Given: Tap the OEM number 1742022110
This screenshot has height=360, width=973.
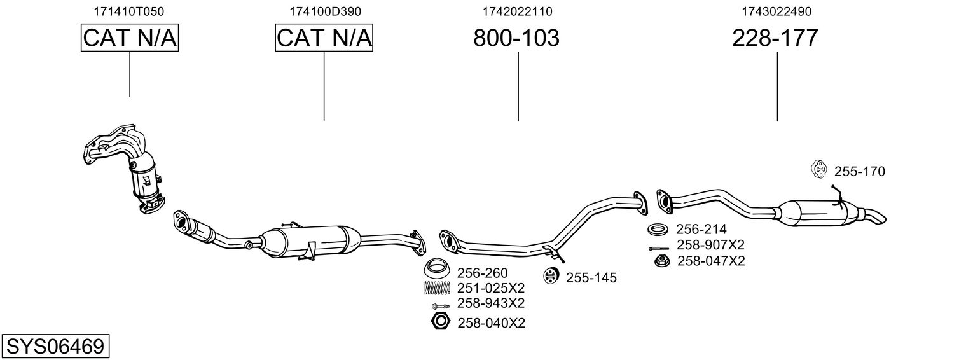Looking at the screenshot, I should (x=518, y=11).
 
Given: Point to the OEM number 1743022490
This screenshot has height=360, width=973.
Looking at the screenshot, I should (x=776, y=11).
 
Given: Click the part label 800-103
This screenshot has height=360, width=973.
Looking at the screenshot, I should (x=516, y=39).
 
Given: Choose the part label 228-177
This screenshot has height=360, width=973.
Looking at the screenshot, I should (x=775, y=39).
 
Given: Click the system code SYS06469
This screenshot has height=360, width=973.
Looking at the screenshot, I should (x=55, y=347).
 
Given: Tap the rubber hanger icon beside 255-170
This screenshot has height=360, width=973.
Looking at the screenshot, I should (x=818, y=170).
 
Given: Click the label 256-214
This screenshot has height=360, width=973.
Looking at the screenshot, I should (x=701, y=229).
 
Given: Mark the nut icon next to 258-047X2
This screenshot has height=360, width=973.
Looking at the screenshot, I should (x=660, y=260).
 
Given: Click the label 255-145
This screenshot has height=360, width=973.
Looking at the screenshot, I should (x=591, y=278).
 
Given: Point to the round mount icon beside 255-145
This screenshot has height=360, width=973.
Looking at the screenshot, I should (x=550, y=276).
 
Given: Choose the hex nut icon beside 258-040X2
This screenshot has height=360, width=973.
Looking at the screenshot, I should (x=438, y=322).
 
